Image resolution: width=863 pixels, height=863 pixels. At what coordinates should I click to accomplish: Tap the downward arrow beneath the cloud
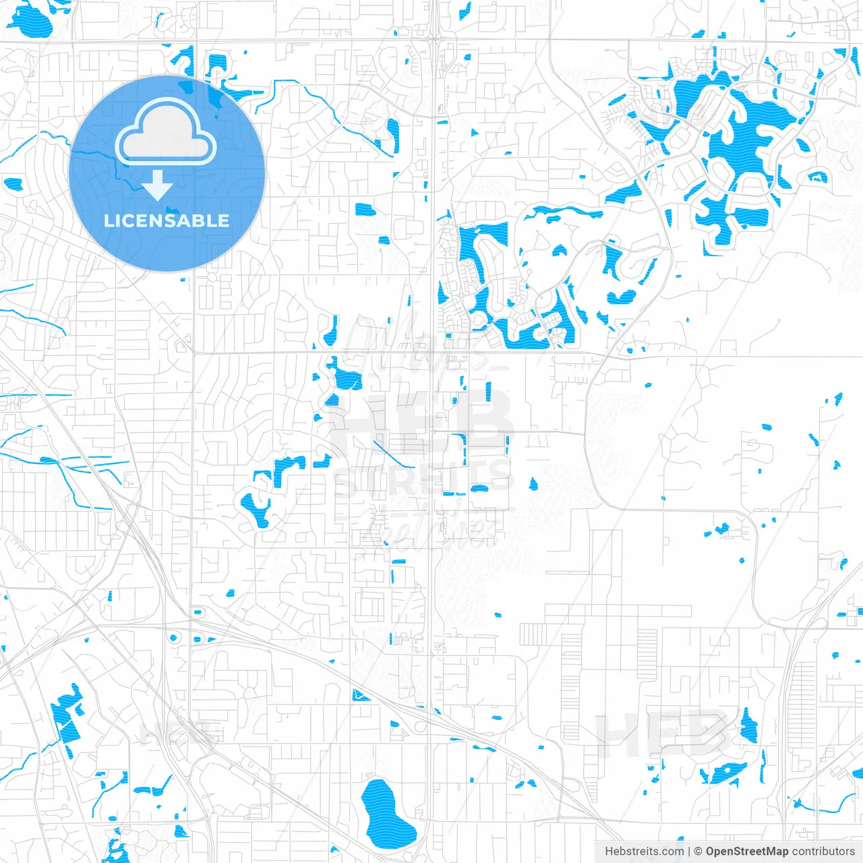click(x=158, y=185)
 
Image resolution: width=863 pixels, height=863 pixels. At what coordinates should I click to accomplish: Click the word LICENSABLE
click(x=167, y=220)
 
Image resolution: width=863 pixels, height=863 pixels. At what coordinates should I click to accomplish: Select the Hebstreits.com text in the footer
click(x=644, y=852)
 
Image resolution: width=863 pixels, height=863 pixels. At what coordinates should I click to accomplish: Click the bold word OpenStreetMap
click(x=747, y=852)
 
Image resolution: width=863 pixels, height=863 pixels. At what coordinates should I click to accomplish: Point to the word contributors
click(x=823, y=852)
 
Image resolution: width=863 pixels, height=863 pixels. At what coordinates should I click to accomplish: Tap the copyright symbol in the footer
click(x=698, y=852)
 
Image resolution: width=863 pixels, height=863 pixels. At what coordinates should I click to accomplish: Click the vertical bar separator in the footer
click(x=689, y=852)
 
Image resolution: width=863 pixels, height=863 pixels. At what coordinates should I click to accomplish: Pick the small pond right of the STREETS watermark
click(x=533, y=483)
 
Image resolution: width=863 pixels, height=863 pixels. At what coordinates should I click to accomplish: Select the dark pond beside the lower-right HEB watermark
click(x=748, y=727)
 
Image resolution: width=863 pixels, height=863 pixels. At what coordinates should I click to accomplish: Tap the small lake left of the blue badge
click(x=13, y=183)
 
